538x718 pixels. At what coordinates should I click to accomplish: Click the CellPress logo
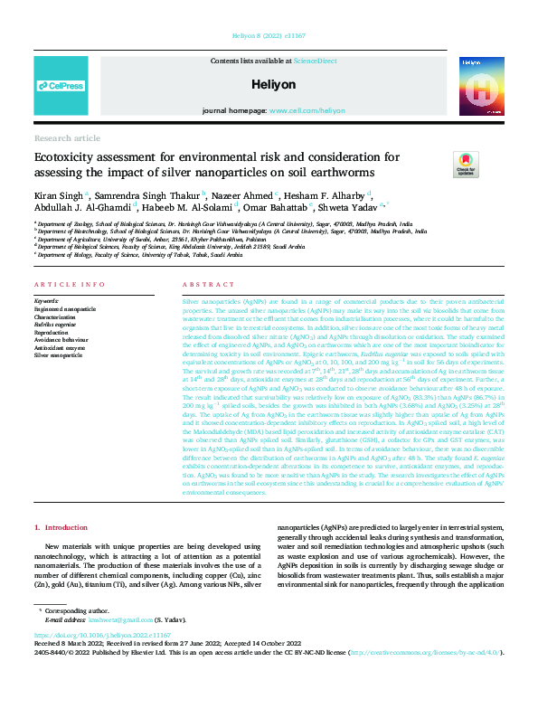coord(61,86)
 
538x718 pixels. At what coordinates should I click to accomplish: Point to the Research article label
coord(68,137)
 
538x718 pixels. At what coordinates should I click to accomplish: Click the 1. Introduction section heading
coord(61,526)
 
